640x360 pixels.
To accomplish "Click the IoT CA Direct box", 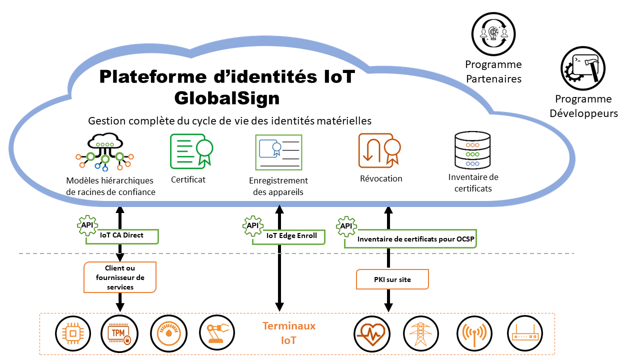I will point(122,236).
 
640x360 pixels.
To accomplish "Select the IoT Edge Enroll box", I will point(288,236).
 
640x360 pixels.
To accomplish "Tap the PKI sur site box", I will point(392,279).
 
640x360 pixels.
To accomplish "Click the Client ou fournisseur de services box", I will point(120,277).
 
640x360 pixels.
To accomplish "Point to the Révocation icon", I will point(379,150).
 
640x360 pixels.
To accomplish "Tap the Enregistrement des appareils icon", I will point(278,152).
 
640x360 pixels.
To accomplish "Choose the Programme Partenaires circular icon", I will point(493,34).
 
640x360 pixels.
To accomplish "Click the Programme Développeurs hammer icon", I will point(582,69).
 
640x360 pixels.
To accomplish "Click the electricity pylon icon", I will point(420,333).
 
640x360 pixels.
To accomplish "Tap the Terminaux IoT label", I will point(289,333).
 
